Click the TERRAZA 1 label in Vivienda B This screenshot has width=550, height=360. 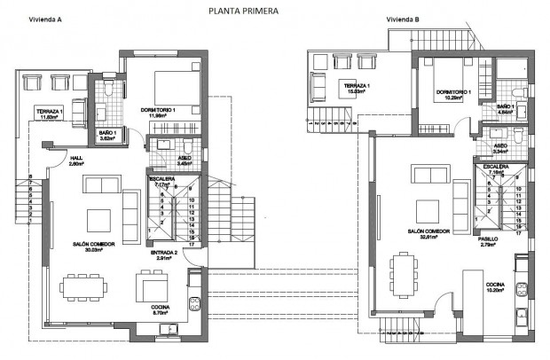pyautogui.click(x=354, y=85)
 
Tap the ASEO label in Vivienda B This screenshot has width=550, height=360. pyautogui.click(x=499, y=145)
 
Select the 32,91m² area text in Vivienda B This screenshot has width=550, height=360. pyautogui.click(x=429, y=238)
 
